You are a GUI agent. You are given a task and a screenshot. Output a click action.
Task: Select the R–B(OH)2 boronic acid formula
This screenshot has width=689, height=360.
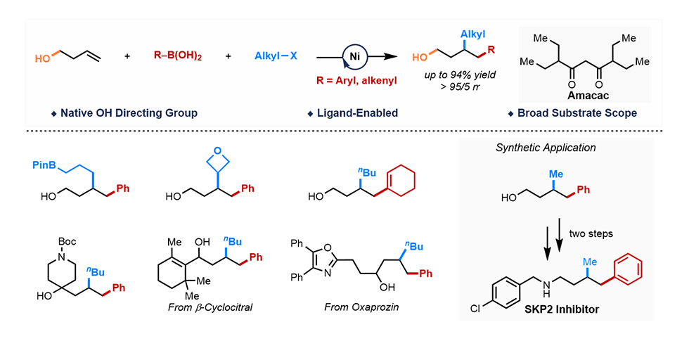point(178,56)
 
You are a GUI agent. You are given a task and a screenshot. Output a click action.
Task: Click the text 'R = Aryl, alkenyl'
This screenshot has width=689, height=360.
point(356,81)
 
